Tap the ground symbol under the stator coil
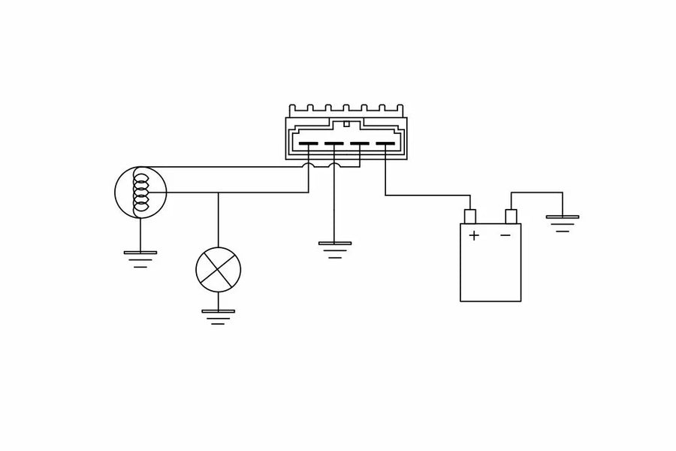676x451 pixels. pos(140,258)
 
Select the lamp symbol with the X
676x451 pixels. pos(219,269)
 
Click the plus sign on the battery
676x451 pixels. pos(474,235)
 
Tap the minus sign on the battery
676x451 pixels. pos(505,235)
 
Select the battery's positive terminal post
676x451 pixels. pos(471,216)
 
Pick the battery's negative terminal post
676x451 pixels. pos(512,216)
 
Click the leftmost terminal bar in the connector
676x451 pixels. pos(309,144)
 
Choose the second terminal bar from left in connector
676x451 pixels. pos(334,144)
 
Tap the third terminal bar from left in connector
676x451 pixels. pos(360,144)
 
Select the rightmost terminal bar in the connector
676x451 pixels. pos(385,144)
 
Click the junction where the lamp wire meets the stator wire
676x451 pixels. pos(219,192)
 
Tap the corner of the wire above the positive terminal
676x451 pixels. pos(471,195)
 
